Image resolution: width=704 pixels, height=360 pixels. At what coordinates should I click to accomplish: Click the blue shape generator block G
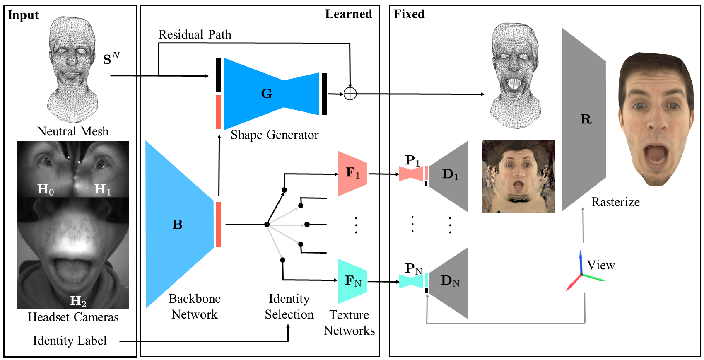(x=267, y=94)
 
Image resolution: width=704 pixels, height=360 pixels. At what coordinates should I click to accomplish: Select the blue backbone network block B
(x=178, y=224)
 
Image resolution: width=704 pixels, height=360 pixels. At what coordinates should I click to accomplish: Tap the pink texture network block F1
(x=352, y=173)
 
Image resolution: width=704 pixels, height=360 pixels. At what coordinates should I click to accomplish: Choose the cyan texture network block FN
(x=352, y=281)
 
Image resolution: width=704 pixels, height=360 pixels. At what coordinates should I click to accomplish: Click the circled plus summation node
(x=350, y=94)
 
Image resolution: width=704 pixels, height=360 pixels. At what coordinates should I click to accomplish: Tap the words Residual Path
(x=195, y=35)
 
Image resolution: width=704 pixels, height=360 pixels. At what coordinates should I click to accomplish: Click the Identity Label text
(x=70, y=341)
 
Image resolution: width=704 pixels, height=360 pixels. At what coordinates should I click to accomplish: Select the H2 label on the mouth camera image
(x=78, y=301)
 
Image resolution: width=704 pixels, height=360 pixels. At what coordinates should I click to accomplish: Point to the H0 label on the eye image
(x=46, y=190)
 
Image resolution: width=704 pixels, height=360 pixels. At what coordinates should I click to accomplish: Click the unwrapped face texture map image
(x=518, y=176)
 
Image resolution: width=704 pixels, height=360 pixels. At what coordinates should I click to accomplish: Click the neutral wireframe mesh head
(x=72, y=68)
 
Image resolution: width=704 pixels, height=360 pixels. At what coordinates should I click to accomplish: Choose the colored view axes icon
(x=582, y=273)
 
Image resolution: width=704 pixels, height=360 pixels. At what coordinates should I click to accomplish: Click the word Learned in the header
(x=348, y=14)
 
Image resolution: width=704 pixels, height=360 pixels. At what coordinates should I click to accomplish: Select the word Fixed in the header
(x=409, y=14)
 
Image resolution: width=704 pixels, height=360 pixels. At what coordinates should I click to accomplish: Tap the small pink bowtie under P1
(x=410, y=174)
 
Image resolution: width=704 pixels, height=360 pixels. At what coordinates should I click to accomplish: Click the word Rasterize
(x=615, y=202)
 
